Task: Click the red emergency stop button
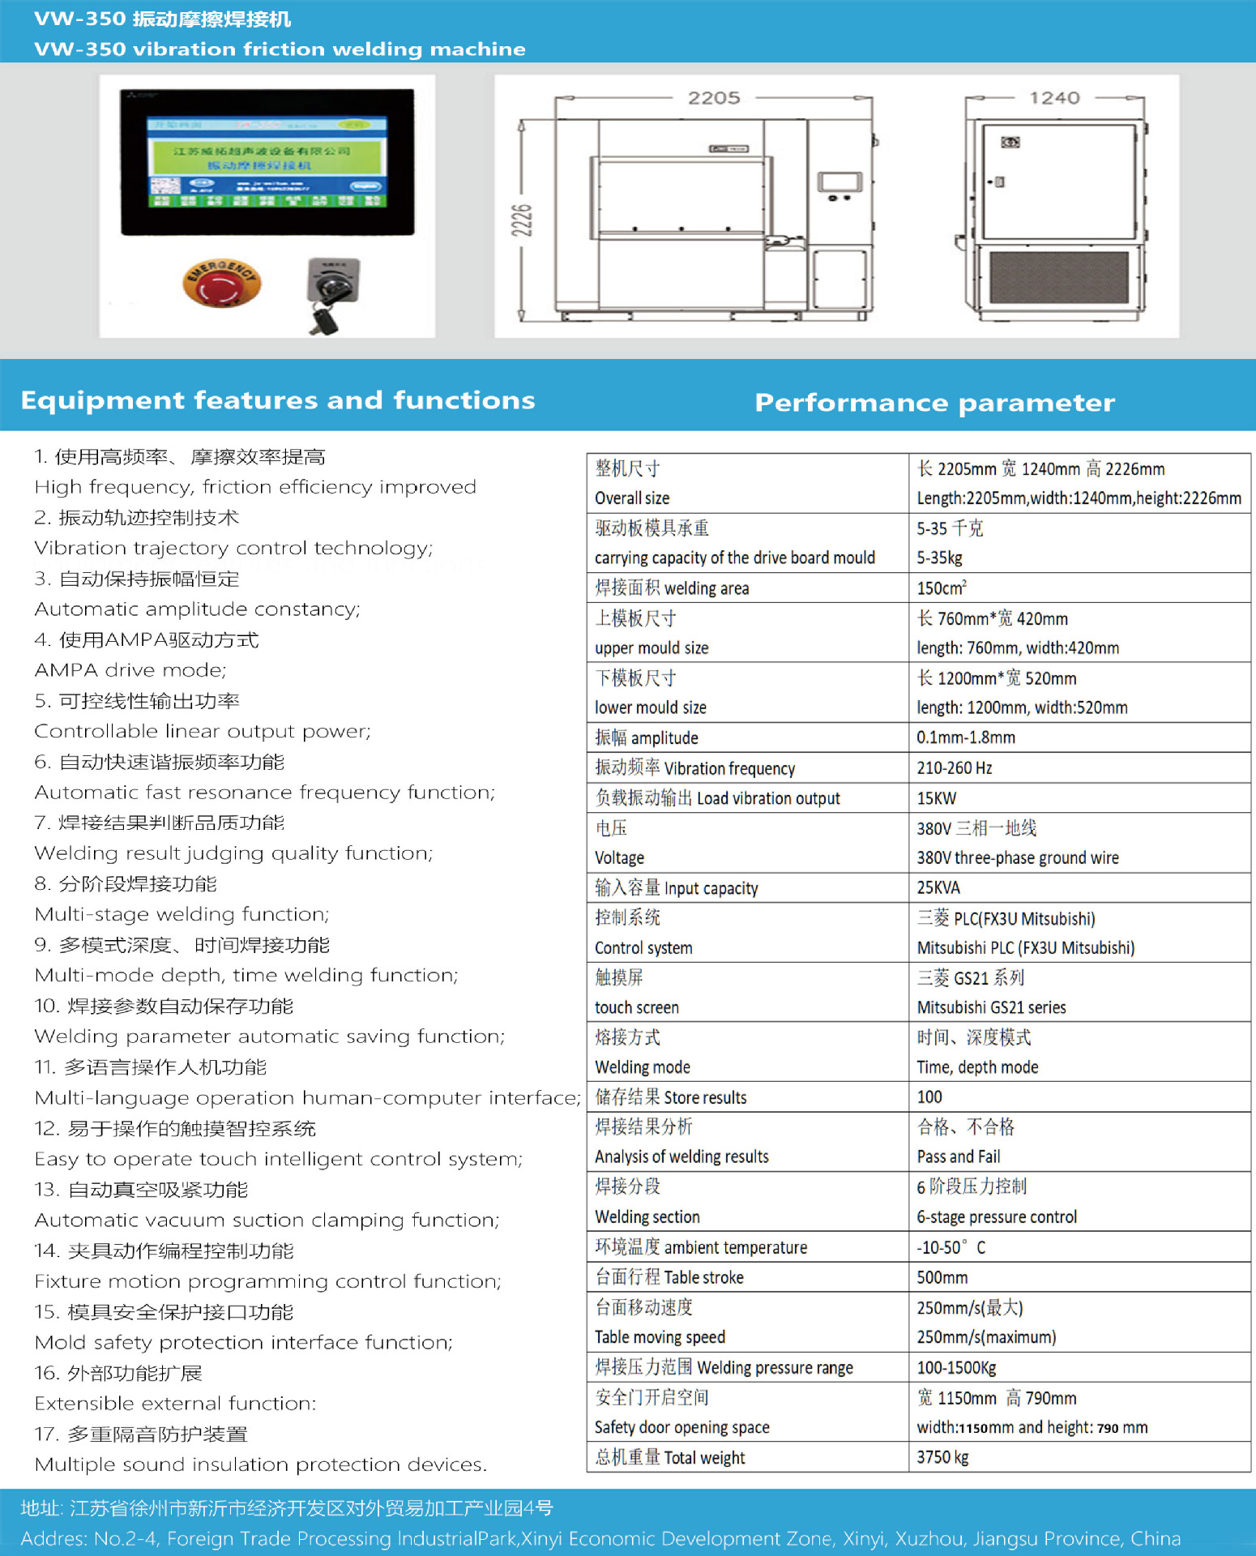(x=221, y=284)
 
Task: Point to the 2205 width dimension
(x=714, y=98)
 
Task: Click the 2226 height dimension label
(x=523, y=220)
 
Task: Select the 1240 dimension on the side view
(x=1054, y=98)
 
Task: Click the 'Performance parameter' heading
(x=934, y=403)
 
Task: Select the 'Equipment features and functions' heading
(x=277, y=400)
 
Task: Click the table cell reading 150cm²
(x=942, y=588)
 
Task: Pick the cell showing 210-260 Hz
(x=954, y=768)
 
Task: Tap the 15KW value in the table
(x=937, y=798)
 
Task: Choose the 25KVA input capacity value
(x=938, y=888)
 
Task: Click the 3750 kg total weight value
(x=942, y=1457)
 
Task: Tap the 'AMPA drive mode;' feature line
(x=130, y=670)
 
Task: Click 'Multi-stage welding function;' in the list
(x=182, y=914)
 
